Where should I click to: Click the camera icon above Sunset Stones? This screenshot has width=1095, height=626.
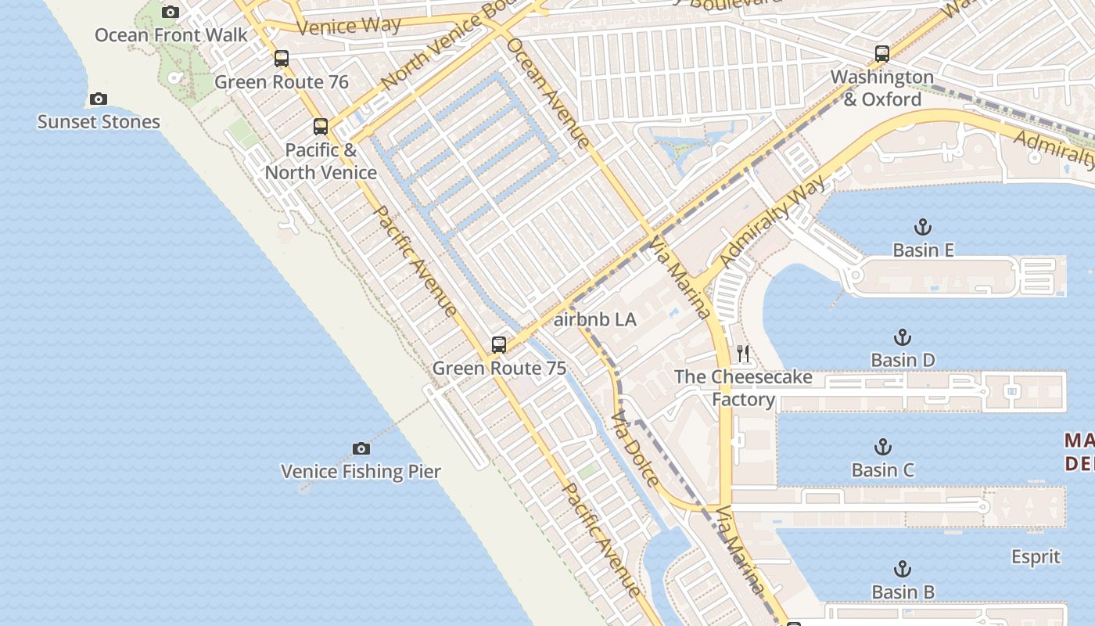(98, 99)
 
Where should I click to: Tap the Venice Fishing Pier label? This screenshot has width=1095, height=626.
(361, 471)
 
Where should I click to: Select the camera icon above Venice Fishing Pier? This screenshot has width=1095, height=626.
(361, 448)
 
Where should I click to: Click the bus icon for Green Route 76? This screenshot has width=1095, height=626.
(282, 59)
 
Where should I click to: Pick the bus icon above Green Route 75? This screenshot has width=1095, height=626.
(498, 345)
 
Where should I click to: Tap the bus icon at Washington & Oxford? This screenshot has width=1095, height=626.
(882, 54)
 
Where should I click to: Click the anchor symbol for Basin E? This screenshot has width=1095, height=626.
(923, 228)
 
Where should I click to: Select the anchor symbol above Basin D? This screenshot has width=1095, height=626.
(903, 338)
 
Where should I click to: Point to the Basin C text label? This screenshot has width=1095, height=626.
(883, 470)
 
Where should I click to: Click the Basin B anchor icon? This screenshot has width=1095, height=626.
(903, 569)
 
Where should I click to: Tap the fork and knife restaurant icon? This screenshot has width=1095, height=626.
(743, 354)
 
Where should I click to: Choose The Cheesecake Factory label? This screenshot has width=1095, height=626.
(743, 388)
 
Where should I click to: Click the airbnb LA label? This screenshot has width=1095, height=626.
(594, 320)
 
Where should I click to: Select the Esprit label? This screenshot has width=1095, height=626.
(1036, 557)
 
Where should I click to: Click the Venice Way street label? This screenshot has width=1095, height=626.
(349, 26)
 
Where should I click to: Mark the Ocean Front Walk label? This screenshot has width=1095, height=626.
(171, 35)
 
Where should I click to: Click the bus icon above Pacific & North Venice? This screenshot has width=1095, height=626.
(321, 127)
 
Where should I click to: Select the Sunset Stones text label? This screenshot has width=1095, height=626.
(99, 122)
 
